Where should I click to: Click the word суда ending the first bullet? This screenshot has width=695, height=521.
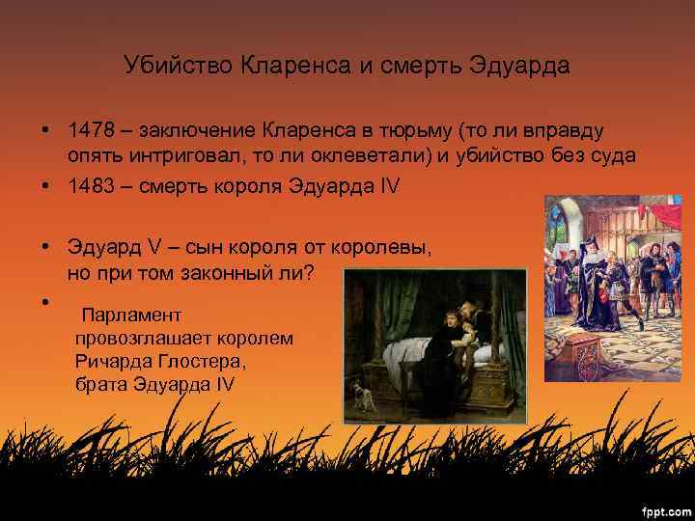[610, 157]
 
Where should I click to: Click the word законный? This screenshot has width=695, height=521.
[227, 273]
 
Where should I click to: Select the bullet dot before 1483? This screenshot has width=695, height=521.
[45, 185]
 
